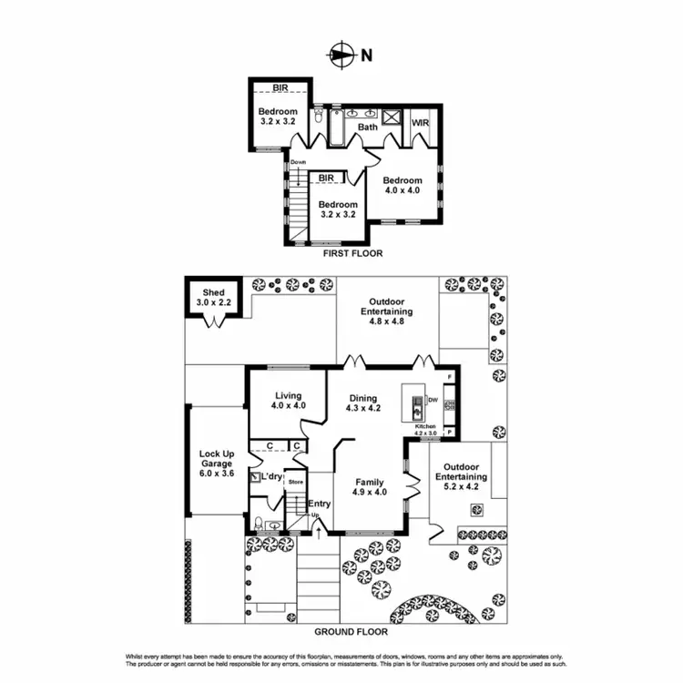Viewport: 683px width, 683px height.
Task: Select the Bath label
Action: (367, 127)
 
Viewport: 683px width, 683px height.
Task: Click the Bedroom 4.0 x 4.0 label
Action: (402, 186)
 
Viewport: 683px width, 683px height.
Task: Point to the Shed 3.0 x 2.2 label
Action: (213, 298)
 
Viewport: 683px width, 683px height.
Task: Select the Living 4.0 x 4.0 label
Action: (288, 401)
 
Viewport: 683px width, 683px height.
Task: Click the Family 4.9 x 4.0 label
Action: (369, 487)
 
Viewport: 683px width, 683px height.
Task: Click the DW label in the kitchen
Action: (433, 400)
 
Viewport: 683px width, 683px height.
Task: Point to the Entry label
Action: (319, 504)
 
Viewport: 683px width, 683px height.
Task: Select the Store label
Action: (295, 482)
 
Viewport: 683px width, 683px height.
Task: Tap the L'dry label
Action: (272, 477)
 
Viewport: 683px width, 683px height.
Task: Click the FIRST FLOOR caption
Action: (352, 254)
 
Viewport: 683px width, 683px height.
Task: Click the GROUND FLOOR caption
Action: (351, 631)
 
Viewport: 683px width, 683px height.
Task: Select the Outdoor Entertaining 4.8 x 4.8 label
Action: (391, 306)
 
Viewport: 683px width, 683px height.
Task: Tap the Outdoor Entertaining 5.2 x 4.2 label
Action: (460, 482)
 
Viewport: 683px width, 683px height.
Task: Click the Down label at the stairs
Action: (298, 163)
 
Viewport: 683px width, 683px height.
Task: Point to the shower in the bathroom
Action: (393, 117)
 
